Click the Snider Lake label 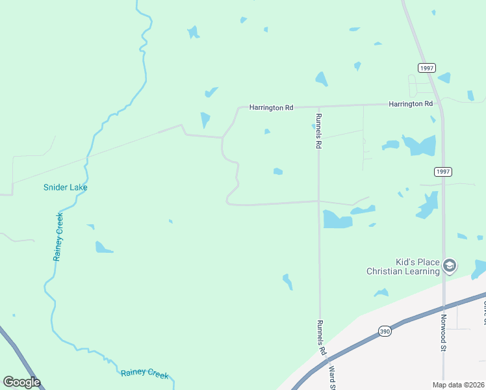[x=65, y=187]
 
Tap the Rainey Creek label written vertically [x=58, y=237]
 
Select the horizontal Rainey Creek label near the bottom [x=144, y=374]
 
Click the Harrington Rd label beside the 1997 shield [x=411, y=104]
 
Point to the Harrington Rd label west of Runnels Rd [x=272, y=107]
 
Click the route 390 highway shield [x=385, y=331]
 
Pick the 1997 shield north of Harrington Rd [x=426, y=68]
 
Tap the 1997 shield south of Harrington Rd [x=443, y=171]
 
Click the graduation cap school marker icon [x=450, y=265]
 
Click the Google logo [x=21, y=382]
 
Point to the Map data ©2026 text [x=459, y=385]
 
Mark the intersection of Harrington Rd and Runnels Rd [x=318, y=106]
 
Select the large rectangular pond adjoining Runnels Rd [x=337, y=220]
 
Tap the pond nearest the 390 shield [x=381, y=293]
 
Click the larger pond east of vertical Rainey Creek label [x=103, y=247]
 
